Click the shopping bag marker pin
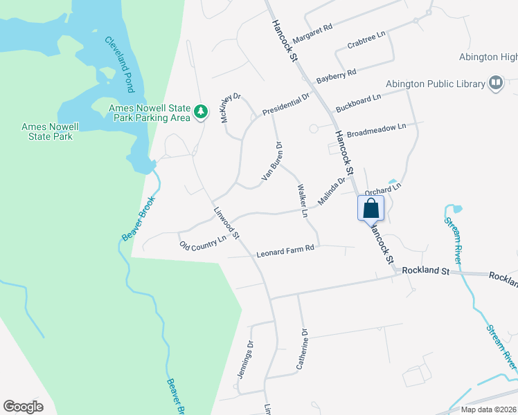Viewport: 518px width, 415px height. tap(370, 208)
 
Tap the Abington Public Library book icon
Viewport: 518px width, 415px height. tap(495, 84)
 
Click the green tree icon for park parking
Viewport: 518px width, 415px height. tap(201, 112)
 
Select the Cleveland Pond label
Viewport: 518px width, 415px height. tap(120, 64)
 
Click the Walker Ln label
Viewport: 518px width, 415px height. tap(302, 201)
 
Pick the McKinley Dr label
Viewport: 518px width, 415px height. tap(230, 108)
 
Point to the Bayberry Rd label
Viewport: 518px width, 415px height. tap(336, 76)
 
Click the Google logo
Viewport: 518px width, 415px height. tap(24, 407)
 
